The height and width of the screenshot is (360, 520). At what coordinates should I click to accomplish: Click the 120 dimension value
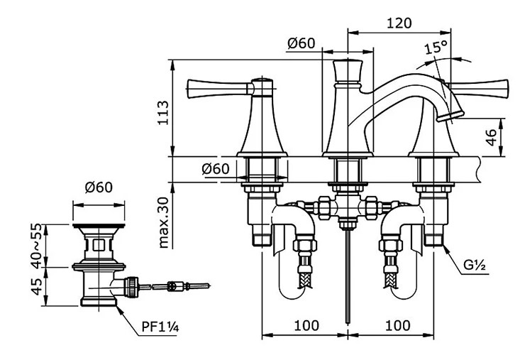[x=399, y=23]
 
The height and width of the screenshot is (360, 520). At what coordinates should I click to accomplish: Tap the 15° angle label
[x=436, y=47]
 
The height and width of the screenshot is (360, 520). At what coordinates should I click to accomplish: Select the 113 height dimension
[x=163, y=113]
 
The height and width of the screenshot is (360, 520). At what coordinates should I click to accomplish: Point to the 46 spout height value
[x=491, y=137]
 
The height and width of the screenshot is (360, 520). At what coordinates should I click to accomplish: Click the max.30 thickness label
[x=163, y=222]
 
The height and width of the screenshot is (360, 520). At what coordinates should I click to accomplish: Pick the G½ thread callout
[x=474, y=265]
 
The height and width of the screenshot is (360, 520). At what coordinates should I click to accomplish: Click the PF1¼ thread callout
[x=160, y=327]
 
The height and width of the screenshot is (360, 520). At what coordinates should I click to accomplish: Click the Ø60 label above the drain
[x=99, y=187]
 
